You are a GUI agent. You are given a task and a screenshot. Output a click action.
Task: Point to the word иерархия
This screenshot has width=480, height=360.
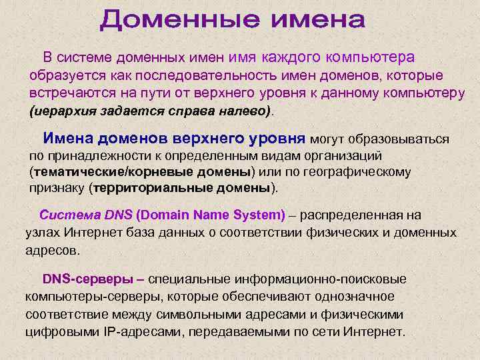coord(61,110)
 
